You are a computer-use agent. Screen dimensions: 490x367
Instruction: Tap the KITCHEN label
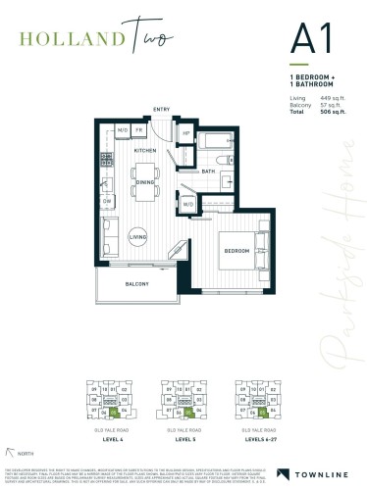point(145,151)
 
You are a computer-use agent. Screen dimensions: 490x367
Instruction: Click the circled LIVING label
point(138,236)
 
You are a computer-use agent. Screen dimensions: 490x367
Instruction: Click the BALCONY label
point(136,284)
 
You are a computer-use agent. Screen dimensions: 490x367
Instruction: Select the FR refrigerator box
point(139,129)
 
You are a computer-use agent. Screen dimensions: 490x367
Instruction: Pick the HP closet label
point(186,133)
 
